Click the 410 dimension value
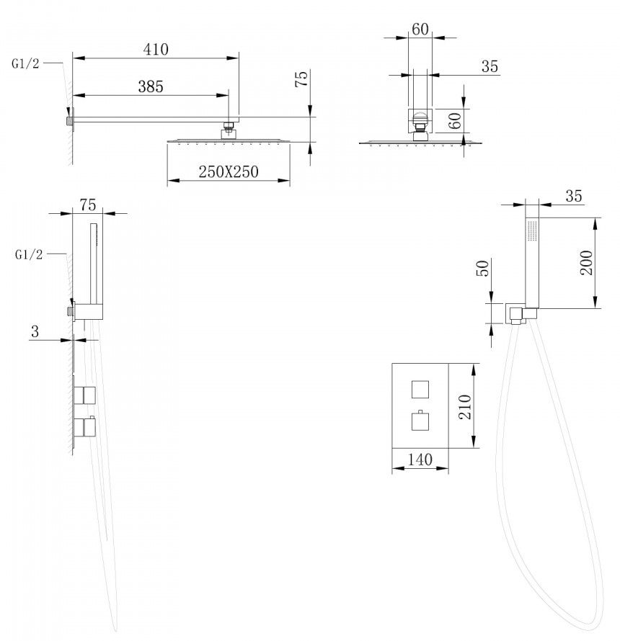(x=156, y=50)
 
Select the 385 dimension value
(x=151, y=86)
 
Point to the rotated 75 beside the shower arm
(x=302, y=79)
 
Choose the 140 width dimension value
(x=420, y=460)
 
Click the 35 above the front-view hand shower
(x=573, y=196)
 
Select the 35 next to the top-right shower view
(x=490, y=67)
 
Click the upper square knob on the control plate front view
(x=420, y=389)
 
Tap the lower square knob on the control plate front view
(x=420, y=421)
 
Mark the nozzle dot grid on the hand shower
(x=532, y=231)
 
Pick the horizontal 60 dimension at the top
(x=420, y=30)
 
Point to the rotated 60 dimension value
(x=455, y=120)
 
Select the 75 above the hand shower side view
(x=88, y=205)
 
